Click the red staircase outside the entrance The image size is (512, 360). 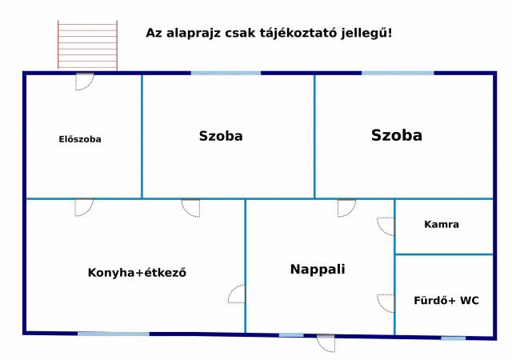click(87, 45)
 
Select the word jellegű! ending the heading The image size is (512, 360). click(366, 34)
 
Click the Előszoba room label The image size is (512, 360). click(80, 139)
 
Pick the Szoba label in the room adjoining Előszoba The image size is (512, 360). click(221, 136)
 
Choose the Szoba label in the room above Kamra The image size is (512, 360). click(397, 135)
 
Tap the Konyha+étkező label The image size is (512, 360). click(137, 273)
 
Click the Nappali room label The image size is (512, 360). click(318, 269)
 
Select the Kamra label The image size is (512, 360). click(442, 225)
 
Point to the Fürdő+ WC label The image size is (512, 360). click(446, 300)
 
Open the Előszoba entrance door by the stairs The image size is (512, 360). click(85, 82)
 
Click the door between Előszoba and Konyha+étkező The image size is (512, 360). click(84, 208)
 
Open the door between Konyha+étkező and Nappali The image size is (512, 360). click(237, 294)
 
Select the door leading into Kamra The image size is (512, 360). click(386, 226)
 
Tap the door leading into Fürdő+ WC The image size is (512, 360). click(386, 303)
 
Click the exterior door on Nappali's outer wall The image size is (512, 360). click(326, 343)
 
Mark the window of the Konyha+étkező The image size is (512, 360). click(114, 334)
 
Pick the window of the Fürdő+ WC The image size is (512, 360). click(454, 338)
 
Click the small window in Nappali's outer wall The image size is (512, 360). click(291, 335)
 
